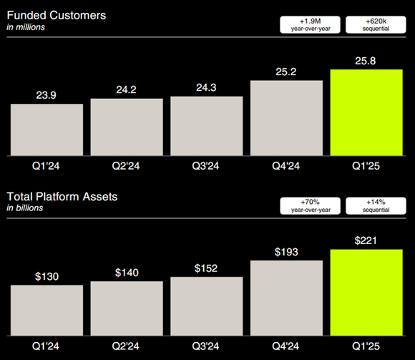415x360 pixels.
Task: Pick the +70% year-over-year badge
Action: click(311, 205)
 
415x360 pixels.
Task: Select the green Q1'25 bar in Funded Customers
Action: click(366, 112)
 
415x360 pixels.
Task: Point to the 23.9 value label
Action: click(47, 94)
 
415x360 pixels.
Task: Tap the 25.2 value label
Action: click(286, 72)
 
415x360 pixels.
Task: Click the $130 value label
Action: click(47, 276)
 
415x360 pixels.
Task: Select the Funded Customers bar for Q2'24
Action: click(127, 127)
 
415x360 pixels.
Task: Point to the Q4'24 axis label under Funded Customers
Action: click(286, 167)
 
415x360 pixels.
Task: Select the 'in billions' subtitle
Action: click(26, 208)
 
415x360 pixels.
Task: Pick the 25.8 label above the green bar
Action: click(366, 60)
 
